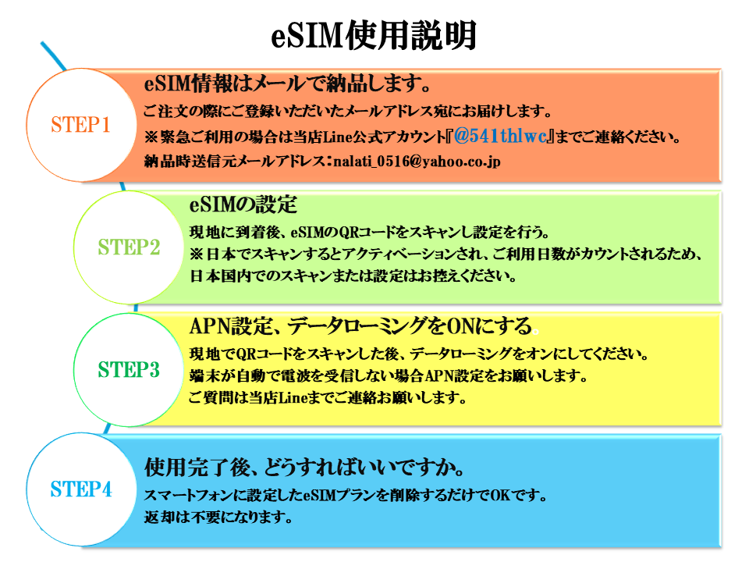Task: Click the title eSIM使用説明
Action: click(374, 37)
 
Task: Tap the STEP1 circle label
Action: click(81, 125)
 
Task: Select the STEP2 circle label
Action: click(129, 247)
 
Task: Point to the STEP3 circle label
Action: click(129, 369)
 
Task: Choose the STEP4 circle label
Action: click(81, 490)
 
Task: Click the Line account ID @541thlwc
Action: click(502, 137)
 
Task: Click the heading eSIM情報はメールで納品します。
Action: click(288, 84)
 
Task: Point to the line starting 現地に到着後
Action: click(371, 232)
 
